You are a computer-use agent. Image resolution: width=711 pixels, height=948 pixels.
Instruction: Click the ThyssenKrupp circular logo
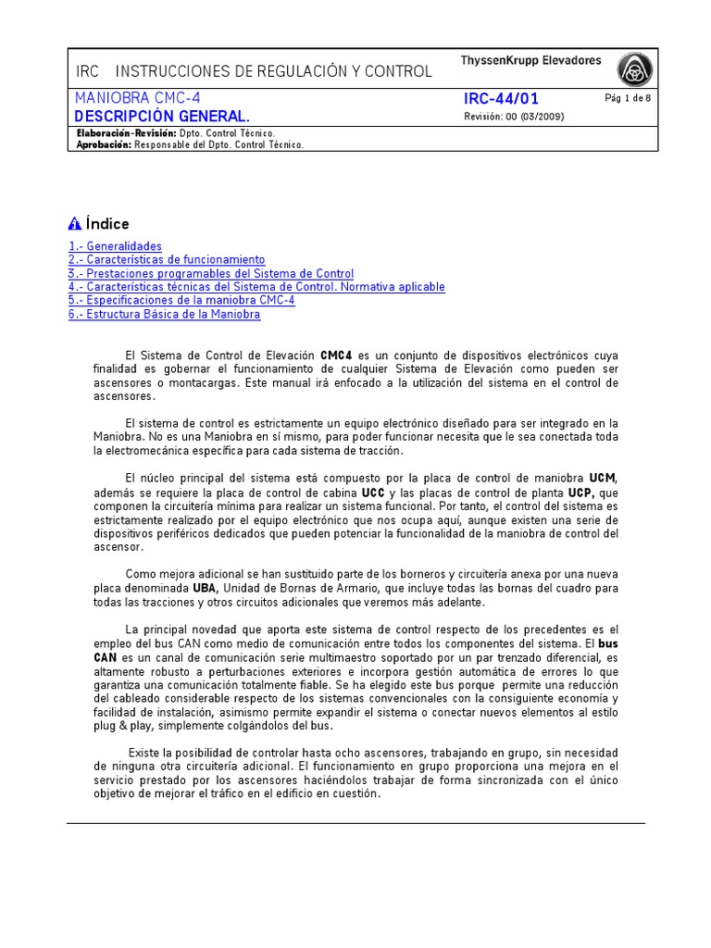pos(635,69)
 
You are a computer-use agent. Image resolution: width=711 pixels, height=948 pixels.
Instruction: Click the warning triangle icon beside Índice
pos(75,224)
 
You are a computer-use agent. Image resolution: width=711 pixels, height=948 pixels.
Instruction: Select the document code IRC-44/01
pos(501,99)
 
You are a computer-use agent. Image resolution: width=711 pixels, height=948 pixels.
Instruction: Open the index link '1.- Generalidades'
pos(115,246)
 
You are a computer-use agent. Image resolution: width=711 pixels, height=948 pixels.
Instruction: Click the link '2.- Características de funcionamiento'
pos(167,260)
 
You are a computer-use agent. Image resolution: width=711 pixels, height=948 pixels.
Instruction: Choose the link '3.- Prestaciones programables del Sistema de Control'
pos(211,274)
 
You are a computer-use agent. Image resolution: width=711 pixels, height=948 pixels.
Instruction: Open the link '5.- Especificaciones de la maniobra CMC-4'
pos(181,301)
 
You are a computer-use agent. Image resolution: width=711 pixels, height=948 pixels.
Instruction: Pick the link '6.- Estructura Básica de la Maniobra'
pos(164,315)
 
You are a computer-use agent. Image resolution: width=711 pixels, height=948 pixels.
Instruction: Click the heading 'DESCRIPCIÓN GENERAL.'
pos(162,117)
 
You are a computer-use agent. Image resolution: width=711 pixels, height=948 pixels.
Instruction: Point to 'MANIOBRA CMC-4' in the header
pos(137,98)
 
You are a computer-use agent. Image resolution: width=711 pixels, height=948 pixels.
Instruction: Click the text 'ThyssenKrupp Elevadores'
pos(530,61)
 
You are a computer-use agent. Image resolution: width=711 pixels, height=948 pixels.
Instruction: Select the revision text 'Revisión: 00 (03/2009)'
pos(513,117)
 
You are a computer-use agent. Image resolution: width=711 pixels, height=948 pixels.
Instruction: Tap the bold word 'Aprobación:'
pos(104,144)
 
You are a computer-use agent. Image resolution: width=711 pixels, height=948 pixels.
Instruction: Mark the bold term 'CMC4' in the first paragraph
pos(337,355)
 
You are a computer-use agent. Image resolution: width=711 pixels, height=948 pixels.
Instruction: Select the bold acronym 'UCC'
pos(373,493)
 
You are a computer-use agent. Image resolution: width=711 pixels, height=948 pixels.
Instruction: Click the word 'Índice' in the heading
pos(107,224)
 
